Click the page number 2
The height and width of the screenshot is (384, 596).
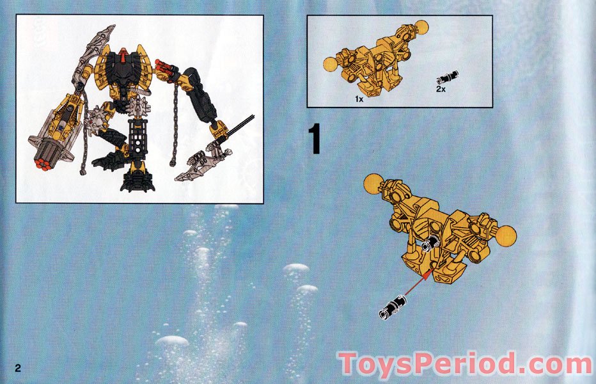pyautogui.click(x=19, y=368)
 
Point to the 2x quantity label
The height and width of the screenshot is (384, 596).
pyautogui.click(x=441, y=90)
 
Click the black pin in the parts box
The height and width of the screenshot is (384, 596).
pyautogui.click(x=444, y=79)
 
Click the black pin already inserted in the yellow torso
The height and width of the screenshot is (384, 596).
pyautogui.click(x=430, y=245)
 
